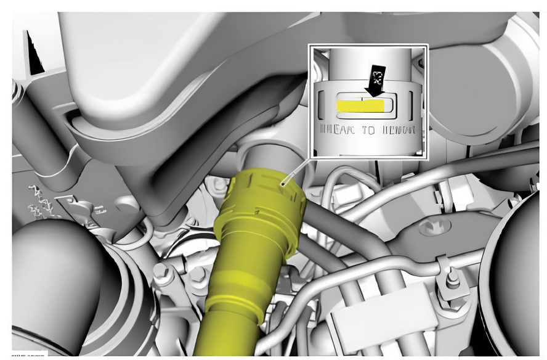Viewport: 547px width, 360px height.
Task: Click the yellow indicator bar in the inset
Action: coord(360,105)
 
